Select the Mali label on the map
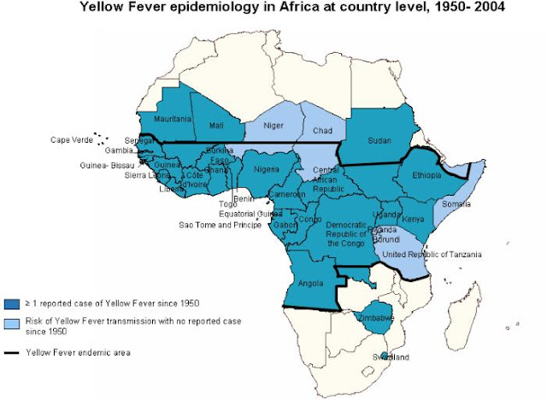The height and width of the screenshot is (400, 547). tap(215, 125)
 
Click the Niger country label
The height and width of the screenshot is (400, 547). tap(273, 125)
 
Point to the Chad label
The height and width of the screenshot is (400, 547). tap(322, 131)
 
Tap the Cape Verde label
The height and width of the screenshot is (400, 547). tap(71, 139)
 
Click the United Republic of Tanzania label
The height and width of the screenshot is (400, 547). tap(432, 255)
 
